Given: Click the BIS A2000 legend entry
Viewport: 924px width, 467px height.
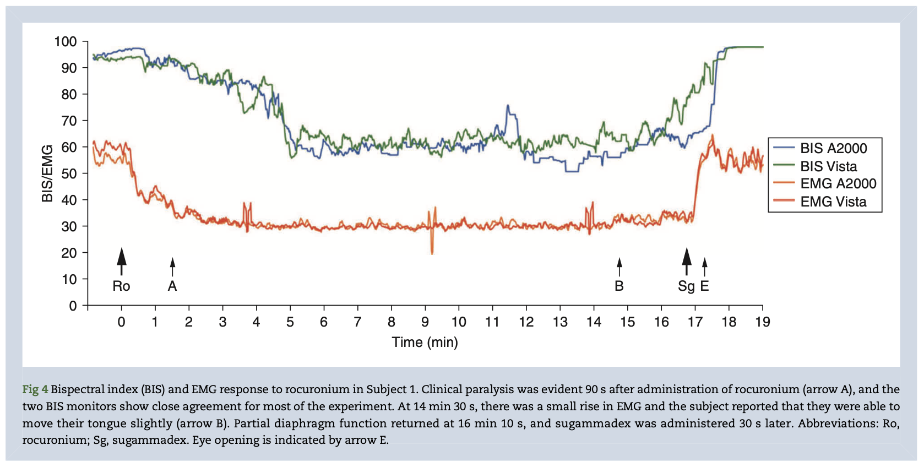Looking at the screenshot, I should [833, 148].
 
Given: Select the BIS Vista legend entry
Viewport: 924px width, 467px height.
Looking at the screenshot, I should [828, 166].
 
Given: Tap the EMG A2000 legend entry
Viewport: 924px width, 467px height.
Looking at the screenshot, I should [838, 184].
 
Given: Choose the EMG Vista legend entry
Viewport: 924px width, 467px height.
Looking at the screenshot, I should [833, 202].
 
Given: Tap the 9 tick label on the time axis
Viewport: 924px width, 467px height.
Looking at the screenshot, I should [425, 322].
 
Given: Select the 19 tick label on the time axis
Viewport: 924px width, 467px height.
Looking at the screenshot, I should [763, 322].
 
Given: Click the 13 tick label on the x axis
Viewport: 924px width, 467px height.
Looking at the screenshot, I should [560, 322].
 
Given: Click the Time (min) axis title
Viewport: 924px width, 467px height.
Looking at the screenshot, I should [425, 342].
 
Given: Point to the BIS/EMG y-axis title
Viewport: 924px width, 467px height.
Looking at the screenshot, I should [48, 173].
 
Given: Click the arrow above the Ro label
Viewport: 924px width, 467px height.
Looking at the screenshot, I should [122, 262].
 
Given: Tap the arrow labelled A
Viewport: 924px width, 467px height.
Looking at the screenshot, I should [172, 267].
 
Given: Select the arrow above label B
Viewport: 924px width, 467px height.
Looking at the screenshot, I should [619, 267].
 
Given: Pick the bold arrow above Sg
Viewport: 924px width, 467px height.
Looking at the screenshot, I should [687, 262].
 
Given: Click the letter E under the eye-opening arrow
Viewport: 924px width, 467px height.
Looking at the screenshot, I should [704, 286].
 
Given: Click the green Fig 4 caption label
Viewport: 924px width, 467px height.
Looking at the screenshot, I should [35, 389].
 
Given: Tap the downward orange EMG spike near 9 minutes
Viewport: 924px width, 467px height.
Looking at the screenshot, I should [432, 251].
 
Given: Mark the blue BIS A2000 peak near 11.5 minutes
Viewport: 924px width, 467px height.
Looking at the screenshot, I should [508, 107].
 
